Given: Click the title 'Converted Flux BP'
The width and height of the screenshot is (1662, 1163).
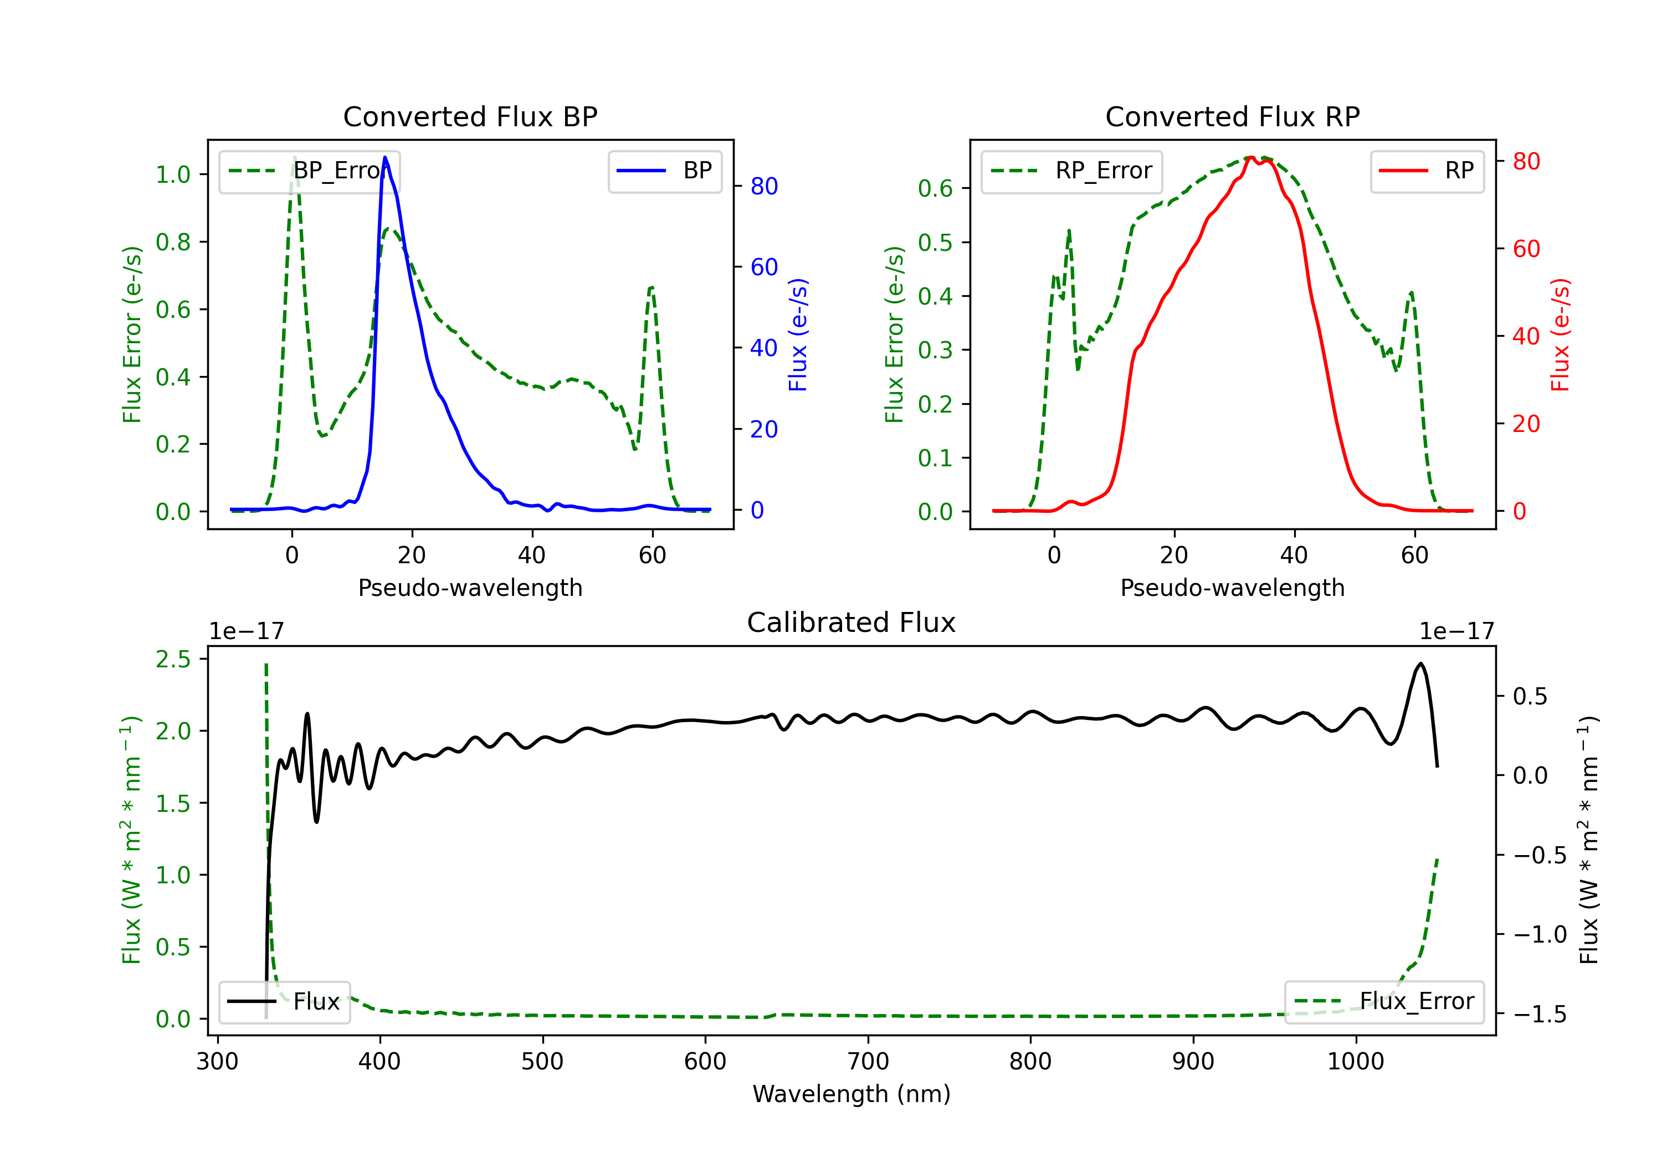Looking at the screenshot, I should pos(470,116).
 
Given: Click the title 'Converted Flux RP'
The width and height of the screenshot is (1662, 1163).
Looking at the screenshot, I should pos(1232,116).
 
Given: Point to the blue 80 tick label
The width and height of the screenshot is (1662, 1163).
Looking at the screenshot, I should pos(763,187).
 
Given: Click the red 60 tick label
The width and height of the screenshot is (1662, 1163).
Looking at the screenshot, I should pos(1526,249).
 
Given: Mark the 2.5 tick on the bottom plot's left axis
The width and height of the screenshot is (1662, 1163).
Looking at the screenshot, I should pos(173,659).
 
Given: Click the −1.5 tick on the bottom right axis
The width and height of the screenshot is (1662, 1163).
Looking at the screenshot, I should pos(1539,1014).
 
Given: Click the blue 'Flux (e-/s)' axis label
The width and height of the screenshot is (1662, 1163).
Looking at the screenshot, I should pos(798,335).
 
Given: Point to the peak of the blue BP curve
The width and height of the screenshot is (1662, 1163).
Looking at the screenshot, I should pos(385,157).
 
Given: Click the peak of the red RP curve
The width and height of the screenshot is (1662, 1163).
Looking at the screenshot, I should pos(1251,157).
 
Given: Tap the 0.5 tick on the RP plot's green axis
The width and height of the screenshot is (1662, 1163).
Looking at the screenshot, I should pos(935,243).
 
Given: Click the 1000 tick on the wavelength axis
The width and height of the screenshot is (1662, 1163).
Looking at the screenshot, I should pos(1355,1062).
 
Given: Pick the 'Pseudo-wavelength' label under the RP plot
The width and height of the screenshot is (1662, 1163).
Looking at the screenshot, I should pos(1232,588).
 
